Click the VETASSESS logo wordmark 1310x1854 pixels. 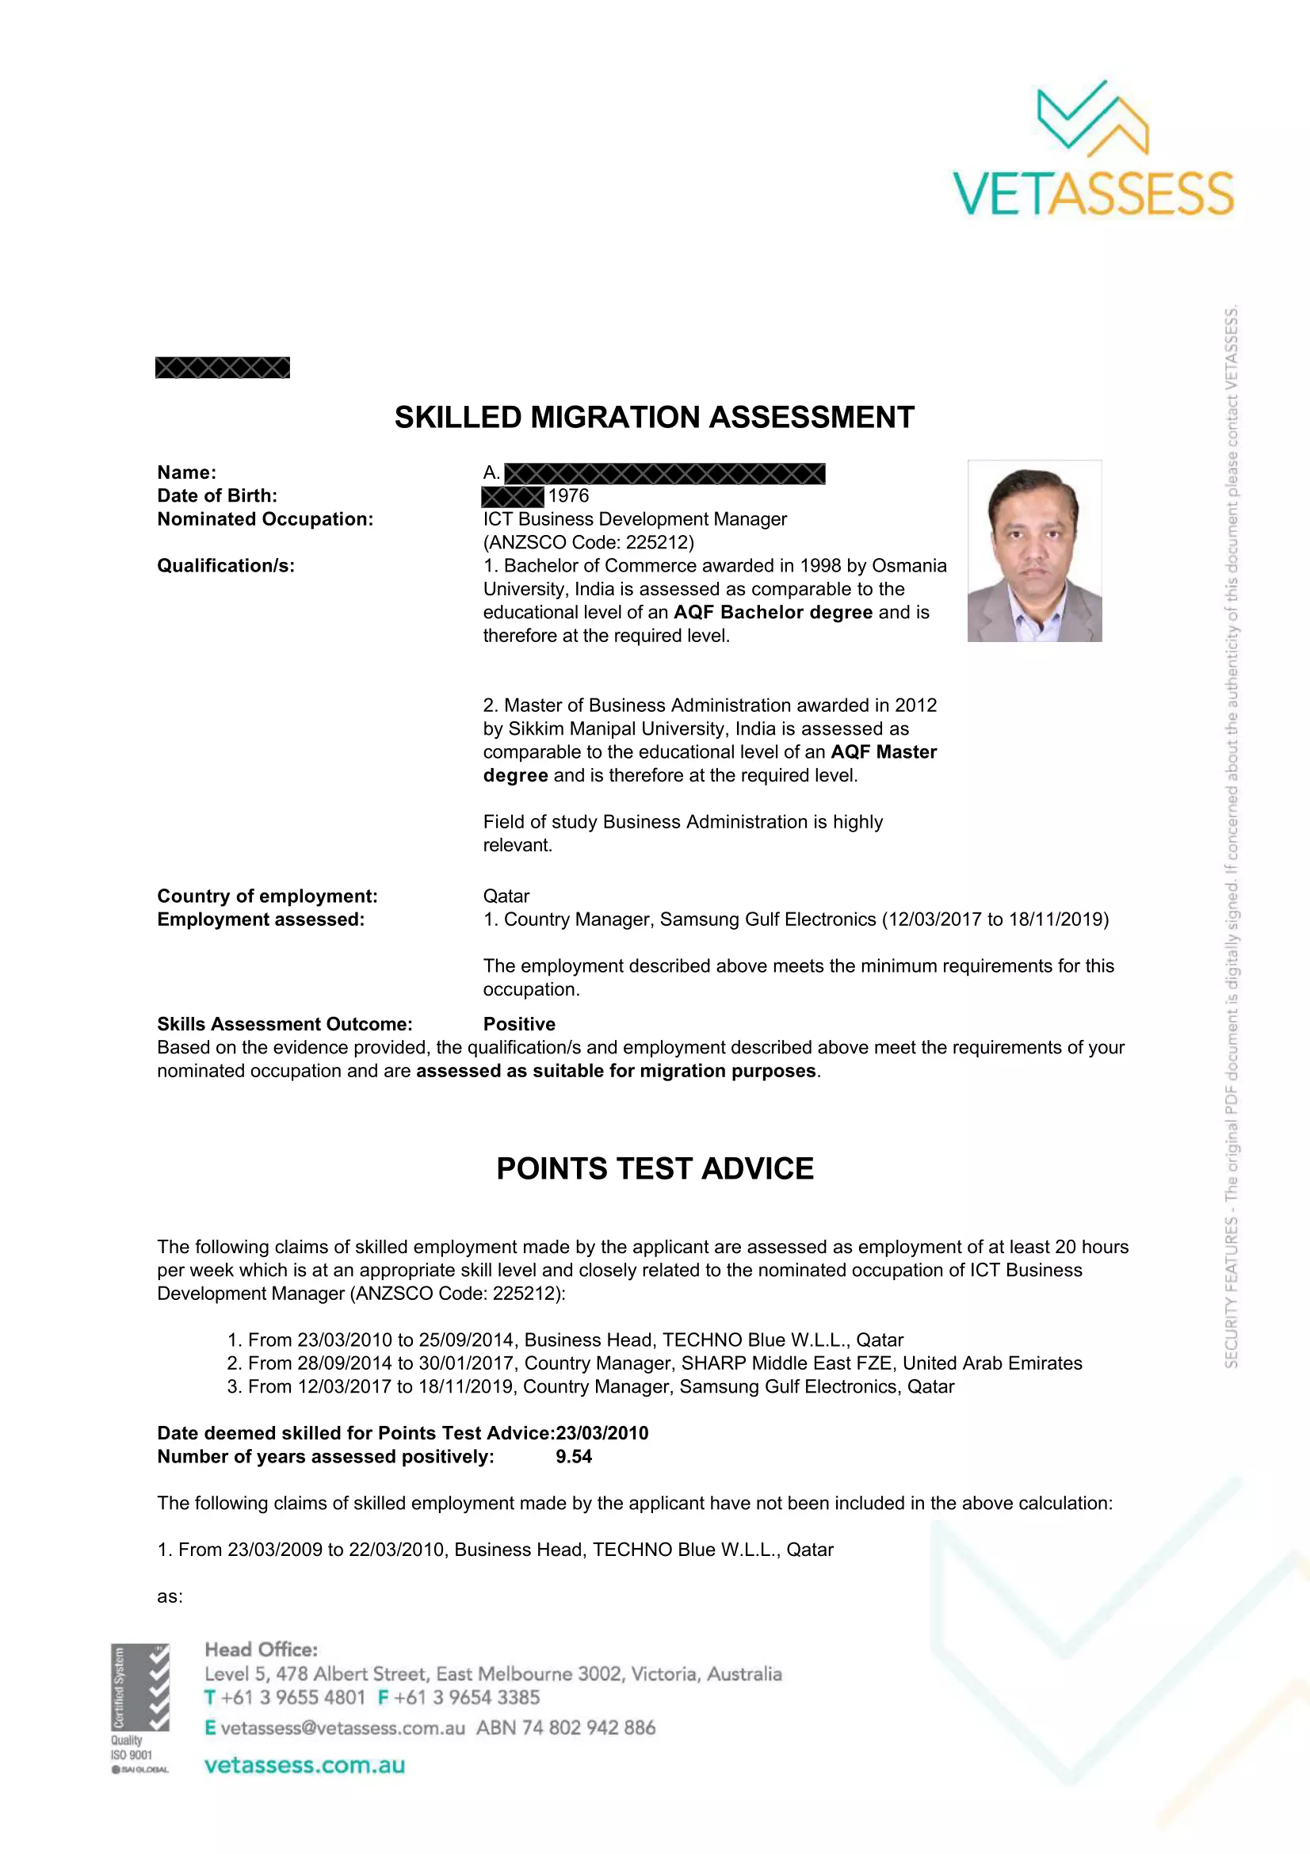(1093, 193)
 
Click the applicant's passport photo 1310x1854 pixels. (1034, 551)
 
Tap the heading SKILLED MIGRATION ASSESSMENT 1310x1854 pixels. (654, 418)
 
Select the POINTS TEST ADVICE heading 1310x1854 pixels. (655, 1168)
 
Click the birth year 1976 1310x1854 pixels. (568, 495)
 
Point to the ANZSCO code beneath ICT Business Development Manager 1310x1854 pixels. (588, 542)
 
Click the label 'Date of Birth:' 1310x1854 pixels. (217, 495)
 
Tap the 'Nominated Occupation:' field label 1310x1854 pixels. (265, 519)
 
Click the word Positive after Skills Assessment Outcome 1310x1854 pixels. (519, 1024)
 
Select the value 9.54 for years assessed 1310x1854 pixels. (573, 1457)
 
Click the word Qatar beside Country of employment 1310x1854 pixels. (506, 896)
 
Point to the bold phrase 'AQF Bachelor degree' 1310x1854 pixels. (773, 612)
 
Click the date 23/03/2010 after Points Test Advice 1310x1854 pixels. (602, 1433)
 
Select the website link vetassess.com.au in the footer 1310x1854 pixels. (304, 1765)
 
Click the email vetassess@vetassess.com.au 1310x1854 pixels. (342, 1727)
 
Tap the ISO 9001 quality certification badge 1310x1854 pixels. (140, 1709)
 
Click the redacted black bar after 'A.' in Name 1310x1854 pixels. (664, 473)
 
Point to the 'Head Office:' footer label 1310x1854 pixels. (261, 1649)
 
